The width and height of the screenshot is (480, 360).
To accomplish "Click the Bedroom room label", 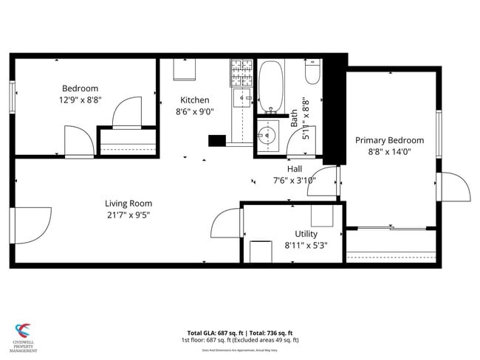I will (80, 89).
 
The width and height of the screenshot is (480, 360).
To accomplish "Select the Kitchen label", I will (195, 100).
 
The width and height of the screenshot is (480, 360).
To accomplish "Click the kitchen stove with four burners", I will (241, 72).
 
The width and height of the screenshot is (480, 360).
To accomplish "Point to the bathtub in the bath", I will (270, 88).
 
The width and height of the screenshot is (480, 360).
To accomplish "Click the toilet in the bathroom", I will (312, 74).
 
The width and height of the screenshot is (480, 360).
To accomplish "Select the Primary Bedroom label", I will (389, 140).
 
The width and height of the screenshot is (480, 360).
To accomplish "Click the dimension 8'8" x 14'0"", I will (389, 151).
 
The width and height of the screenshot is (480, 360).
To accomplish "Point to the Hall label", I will (294, 169).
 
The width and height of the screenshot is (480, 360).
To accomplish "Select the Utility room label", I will (306, 234).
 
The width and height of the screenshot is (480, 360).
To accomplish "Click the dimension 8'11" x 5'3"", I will (306, 245).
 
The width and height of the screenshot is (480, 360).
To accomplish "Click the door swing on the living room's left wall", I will (31, 225).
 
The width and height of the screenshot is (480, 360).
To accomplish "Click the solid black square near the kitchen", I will (217, 141).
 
